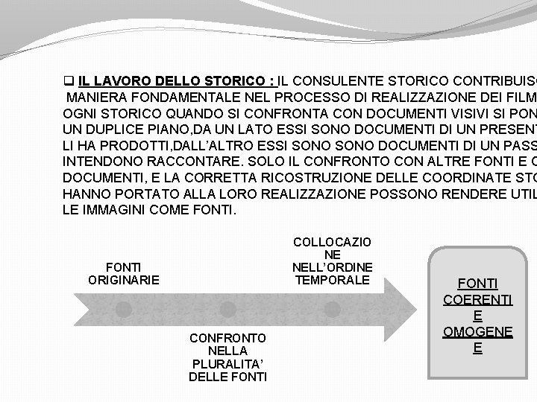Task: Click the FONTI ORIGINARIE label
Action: (x=123, y=272)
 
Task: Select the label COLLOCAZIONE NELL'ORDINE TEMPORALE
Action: (x=332, y=261)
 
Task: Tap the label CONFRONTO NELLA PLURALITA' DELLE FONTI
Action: (x=228, y=357)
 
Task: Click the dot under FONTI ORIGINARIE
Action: (x=124, y=308)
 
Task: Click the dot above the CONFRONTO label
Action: (x=228, y=308)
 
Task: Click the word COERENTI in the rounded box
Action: (x=477, y=299)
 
